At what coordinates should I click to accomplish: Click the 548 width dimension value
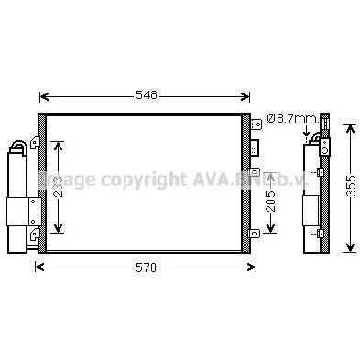[x=147, y=95]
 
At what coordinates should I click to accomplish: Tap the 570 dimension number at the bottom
[x=146, y=267]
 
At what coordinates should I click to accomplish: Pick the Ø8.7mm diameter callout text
[x=291, y=118]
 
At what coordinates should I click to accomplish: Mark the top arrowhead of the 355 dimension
[x=349, y=127]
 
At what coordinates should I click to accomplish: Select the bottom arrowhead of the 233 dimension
[x=60, y=230]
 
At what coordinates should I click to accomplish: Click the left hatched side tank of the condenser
[x=40, y=182]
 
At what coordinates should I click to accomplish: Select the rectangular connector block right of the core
[x=257, y=147]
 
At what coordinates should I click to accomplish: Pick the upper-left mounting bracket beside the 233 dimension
[x=33, y=142]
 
